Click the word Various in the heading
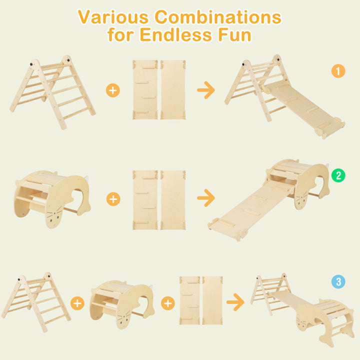[113, 17]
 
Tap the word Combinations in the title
[218, 17]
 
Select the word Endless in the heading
[175, 34]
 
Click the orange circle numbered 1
[338, 71]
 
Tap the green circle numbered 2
[338, 175]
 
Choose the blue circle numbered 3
[338, 281]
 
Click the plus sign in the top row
[112, 90]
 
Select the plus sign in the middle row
[113, 199]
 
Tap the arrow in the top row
[206, 90]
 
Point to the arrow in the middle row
[206, 198]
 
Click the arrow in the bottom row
[235, 302]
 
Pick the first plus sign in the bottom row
[77, 303]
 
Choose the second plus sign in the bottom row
[168, 303]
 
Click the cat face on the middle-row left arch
[54, 216]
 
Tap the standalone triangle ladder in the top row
[52, 92]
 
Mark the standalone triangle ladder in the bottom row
[36, 302]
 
